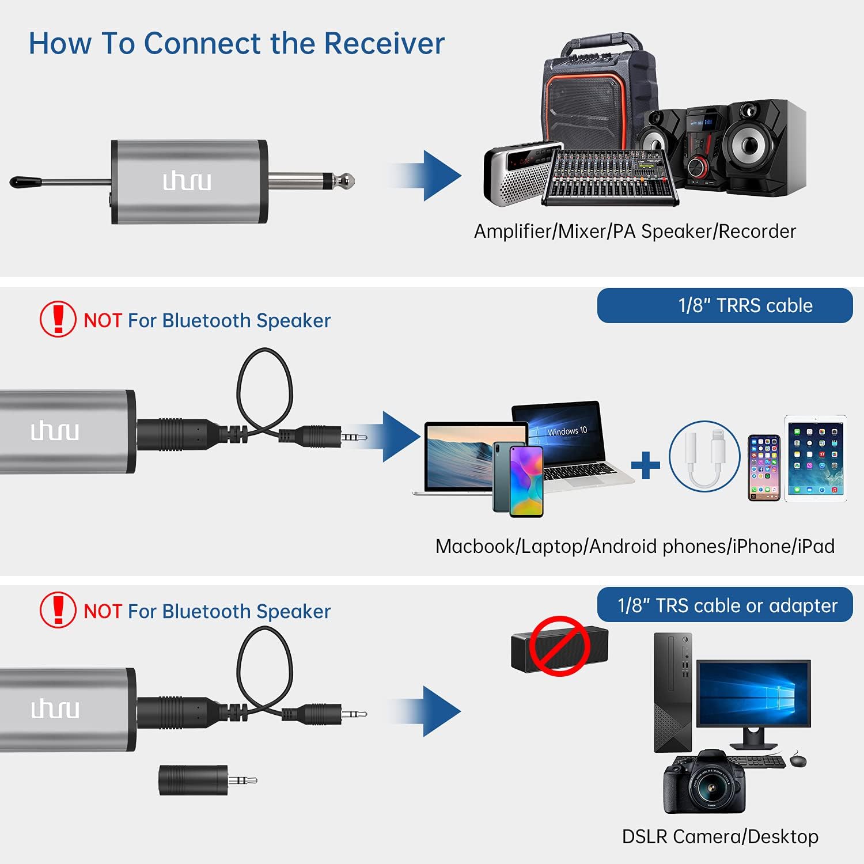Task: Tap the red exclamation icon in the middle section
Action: [58, 319]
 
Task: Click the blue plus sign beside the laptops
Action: [646, 465]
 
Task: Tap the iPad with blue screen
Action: [816, 458]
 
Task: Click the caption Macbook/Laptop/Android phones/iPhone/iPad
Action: [635, 546]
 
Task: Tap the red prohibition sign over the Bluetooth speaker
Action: [559, 646]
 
